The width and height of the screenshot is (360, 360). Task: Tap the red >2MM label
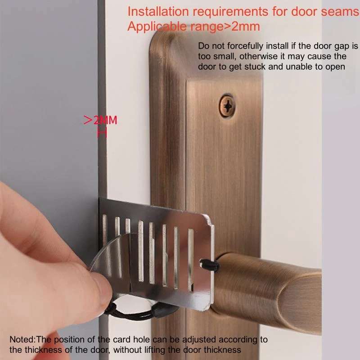pyautogui.click(x=100, y=120)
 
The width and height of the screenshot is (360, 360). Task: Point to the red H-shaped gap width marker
pyautogui.click(x=102, y=133)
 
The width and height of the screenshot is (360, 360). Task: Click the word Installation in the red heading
pyautogui.click(x=158, y=11)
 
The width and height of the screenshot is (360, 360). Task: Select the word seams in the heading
pyautogui.click(x=340, y=12)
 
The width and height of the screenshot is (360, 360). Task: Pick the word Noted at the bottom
pyautogui.click(x=22, y=339)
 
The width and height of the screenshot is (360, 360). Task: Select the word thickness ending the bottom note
pyautogui.click(x=222, y=350)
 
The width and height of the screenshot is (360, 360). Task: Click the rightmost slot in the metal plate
pyautogui.click(x=191, y=260)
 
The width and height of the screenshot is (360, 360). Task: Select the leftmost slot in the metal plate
pyautogui.click(x=105, y=229)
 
